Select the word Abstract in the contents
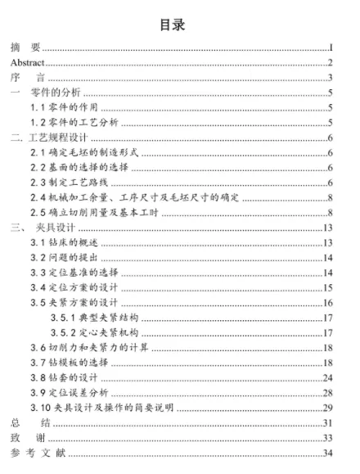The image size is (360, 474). coord(25,62)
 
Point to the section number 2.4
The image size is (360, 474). coord(39,197)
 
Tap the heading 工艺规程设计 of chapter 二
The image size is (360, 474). coord(67,138)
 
